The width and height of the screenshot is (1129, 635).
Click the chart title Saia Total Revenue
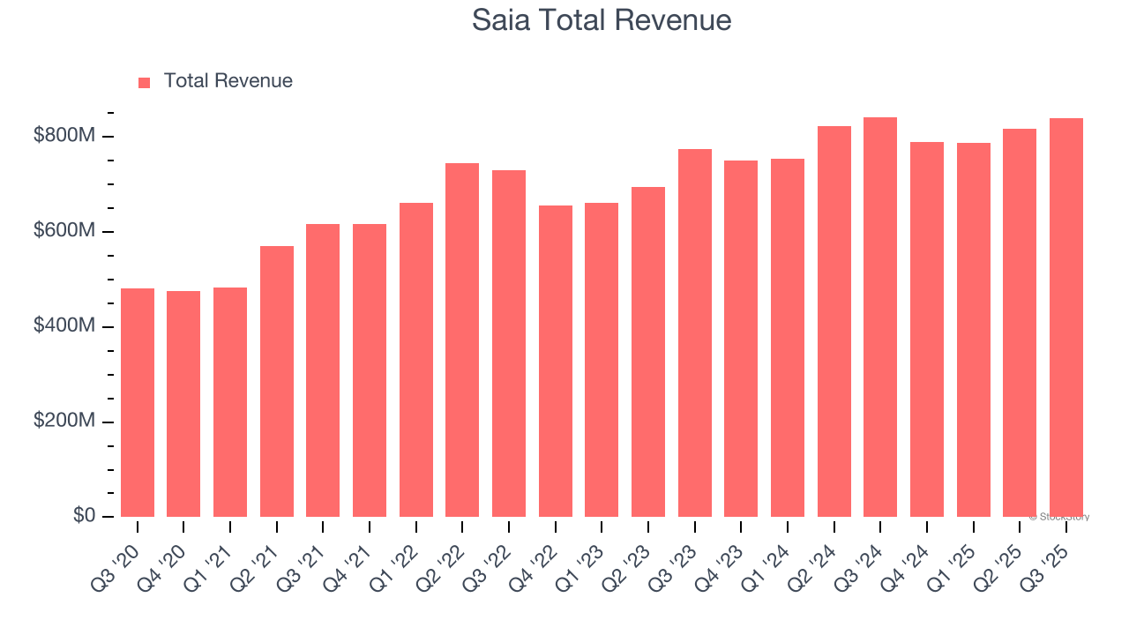602,19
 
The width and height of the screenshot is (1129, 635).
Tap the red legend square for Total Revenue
145,82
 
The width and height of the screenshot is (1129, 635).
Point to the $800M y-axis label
64,136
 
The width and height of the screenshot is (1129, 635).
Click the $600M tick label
64,231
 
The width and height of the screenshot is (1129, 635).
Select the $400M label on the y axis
64,326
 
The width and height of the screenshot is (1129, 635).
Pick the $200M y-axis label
64,422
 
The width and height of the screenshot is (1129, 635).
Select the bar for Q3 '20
138,402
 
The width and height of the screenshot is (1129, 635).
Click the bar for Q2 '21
277,381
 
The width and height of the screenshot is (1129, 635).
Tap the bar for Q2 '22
462,340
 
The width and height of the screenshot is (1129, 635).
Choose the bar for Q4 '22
556,361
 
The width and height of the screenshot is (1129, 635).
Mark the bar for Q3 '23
695,332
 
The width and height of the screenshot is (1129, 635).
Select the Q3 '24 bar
880,317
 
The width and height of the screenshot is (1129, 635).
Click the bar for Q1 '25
974,330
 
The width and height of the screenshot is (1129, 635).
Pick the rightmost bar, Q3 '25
1066,317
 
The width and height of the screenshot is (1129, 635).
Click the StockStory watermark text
1058,517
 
